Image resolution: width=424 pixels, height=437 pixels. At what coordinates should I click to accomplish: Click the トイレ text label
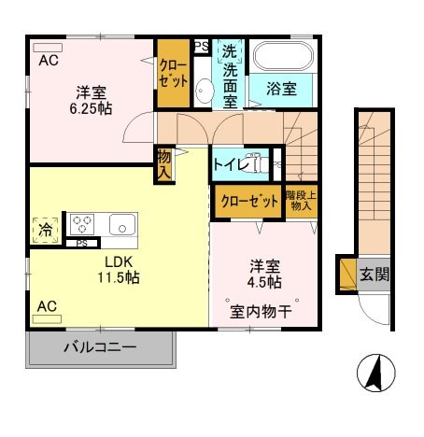tap(233, 165)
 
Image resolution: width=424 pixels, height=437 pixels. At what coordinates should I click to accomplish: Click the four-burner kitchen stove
tap(83, 224)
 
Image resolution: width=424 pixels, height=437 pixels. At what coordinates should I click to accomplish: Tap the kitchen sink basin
tap(120, 224)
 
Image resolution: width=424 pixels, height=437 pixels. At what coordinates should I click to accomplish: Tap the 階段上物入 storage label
tap(300, 201)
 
